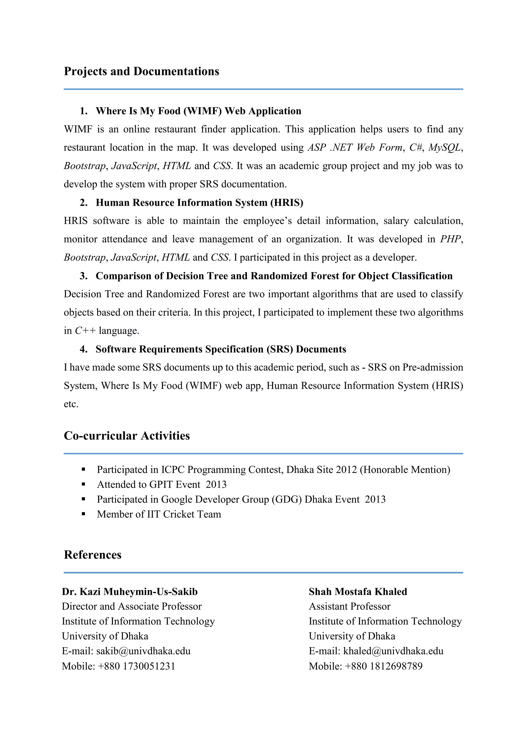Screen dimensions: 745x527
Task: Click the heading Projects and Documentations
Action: (x=142, y=71)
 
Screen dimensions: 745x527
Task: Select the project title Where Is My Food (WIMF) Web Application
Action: (x=198, y=111)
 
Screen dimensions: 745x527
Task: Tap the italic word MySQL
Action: (x=444, y=148)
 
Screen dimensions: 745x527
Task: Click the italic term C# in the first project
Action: (x=415, y=148)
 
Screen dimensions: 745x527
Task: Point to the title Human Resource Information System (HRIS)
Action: (x=199, y=203)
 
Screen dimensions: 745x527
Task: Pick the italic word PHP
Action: (x=450, y=239)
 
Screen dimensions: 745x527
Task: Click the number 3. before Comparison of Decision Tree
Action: (x=83, y=276)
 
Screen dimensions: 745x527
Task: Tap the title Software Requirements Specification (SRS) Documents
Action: (x=221, y=349)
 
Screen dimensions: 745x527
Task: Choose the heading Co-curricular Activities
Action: (x=127, y=436)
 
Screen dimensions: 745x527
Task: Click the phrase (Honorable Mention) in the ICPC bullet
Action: (x=405, y=470)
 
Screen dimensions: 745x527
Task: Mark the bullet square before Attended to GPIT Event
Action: (x=83, y=484)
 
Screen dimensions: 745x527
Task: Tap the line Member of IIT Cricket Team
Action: (x=159, y=514)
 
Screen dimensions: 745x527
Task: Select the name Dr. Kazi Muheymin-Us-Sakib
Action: (x=130, y=592)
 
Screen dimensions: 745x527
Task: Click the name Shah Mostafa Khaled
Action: (x=358, y=592)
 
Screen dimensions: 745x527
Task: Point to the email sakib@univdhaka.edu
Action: (x=143, y=651)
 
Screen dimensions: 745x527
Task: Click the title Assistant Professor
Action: (x=349, y=606)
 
